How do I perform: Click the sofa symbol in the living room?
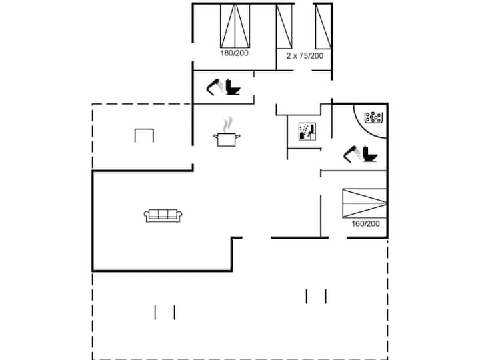163,216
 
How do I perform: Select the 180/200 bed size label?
234,53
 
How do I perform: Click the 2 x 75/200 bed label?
305,56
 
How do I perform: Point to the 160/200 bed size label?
365,223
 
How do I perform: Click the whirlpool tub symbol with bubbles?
373,117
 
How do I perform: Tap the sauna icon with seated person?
307,131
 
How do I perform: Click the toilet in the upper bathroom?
233,87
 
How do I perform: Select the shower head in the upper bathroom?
215,87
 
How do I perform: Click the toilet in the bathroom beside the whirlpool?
370,154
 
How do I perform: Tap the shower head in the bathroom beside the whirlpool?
352,154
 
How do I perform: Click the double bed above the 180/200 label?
235,26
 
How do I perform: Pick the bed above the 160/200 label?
365,203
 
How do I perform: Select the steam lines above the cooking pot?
227,124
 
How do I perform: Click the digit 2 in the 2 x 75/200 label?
289,56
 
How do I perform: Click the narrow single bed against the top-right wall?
323,26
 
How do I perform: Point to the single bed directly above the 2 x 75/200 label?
284,26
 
